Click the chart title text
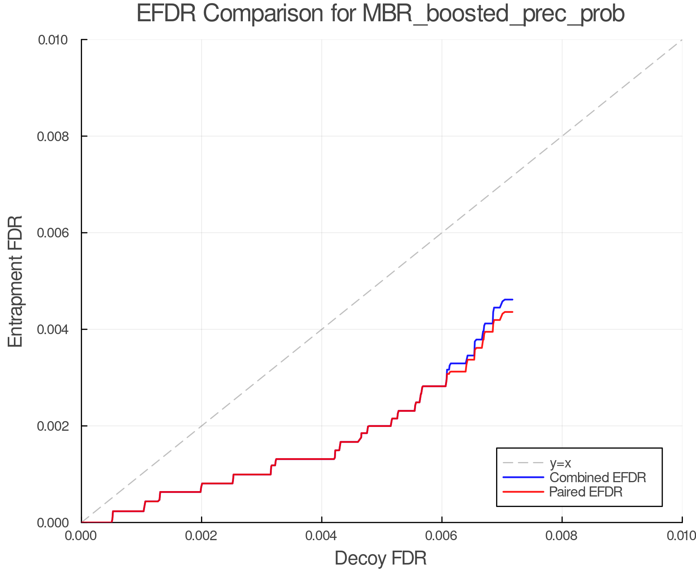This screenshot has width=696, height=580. click(380, 14)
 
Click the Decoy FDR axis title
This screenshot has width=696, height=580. click(380, 558)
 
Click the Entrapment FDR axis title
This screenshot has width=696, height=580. click(16, 281)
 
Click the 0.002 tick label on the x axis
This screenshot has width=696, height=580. click(201, 536)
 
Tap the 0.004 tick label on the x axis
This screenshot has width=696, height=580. click(322, 536)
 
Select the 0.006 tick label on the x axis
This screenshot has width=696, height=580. click(442, 536)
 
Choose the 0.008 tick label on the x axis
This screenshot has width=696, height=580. click(562, 536)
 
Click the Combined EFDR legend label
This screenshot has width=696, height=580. click(597, 478)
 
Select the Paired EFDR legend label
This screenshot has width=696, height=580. click(586, 492)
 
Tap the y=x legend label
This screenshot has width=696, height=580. click(560, 463)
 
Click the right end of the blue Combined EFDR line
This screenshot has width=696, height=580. click(512, 300)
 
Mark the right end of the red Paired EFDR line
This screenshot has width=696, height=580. click(512, 312)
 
